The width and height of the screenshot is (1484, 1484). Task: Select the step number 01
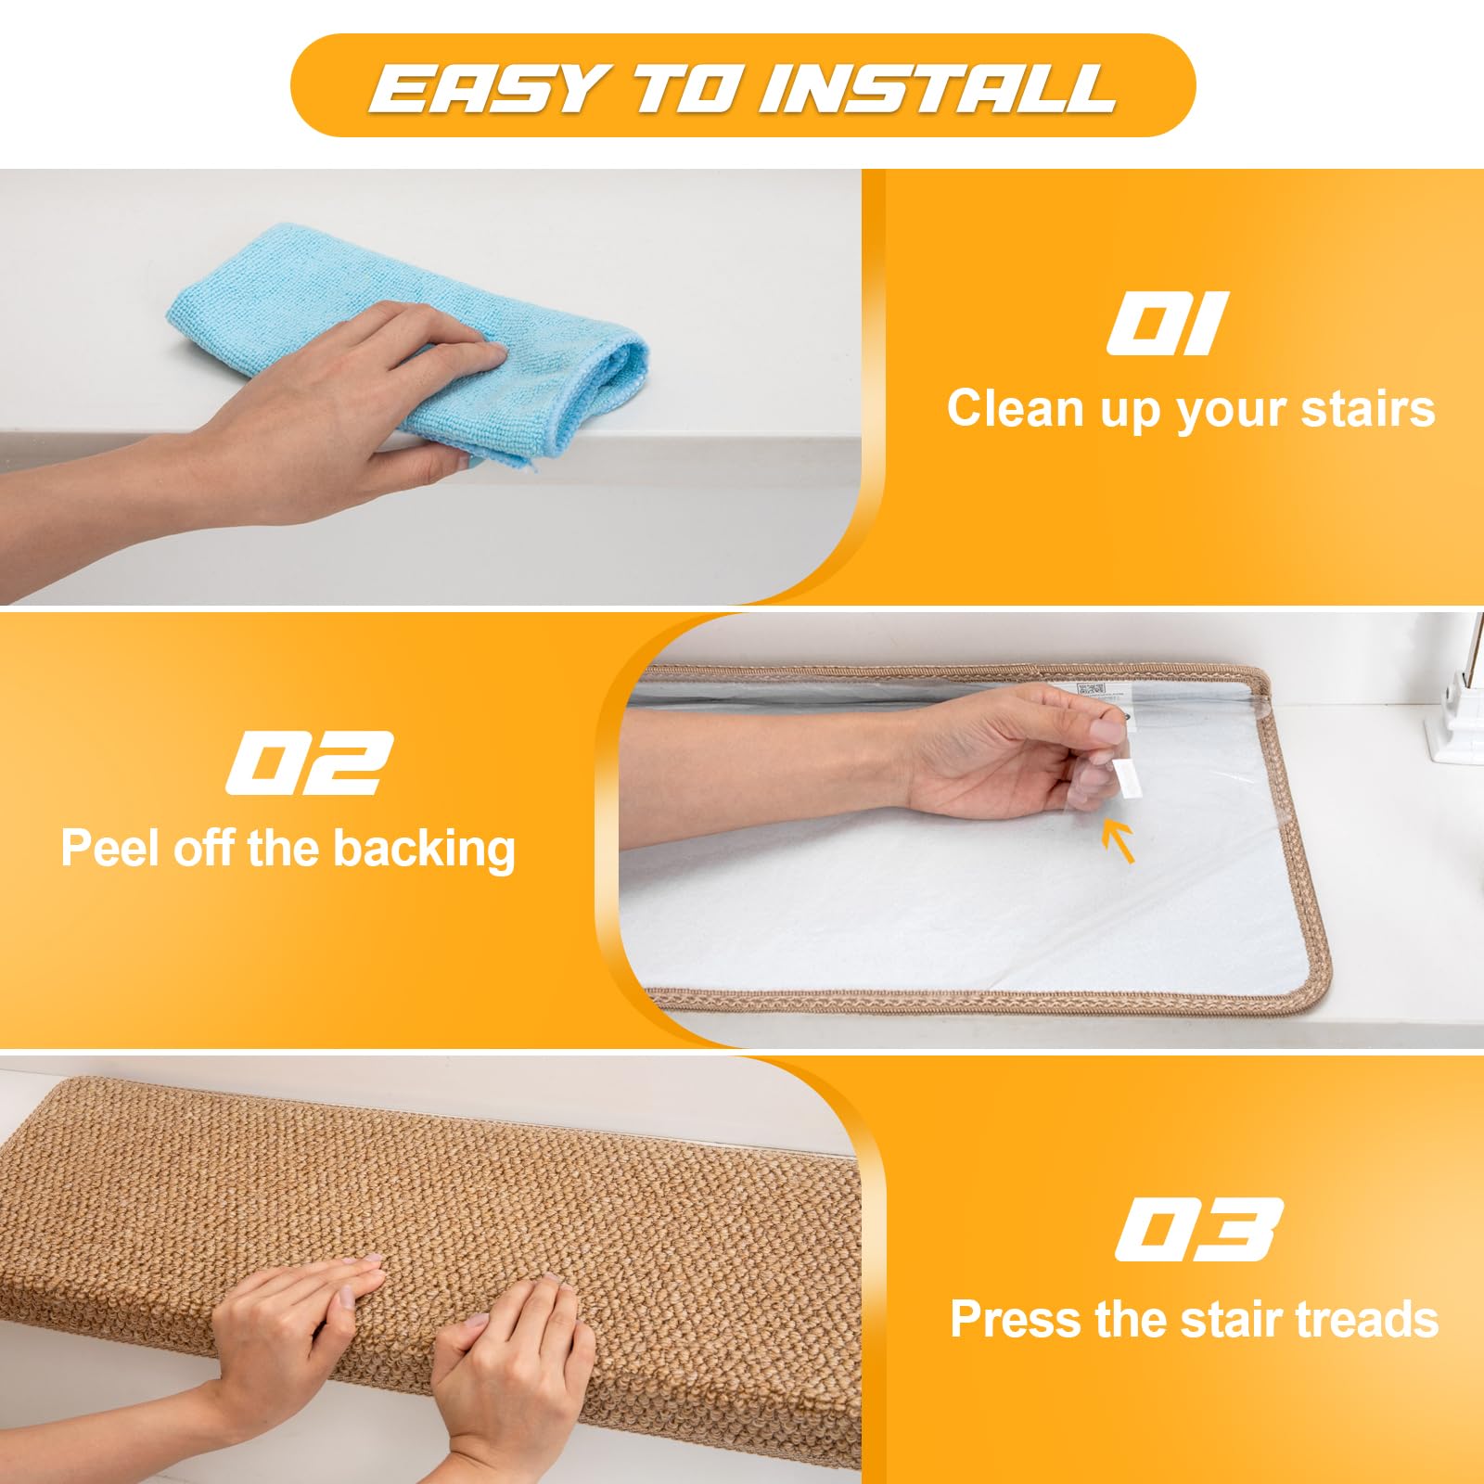(x=1168, y=323)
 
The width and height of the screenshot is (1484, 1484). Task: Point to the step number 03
(x=1199, y=1229)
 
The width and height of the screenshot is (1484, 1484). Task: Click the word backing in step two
(x=423, y=850)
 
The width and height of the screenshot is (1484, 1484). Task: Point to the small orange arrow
(x=1119, y=840)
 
